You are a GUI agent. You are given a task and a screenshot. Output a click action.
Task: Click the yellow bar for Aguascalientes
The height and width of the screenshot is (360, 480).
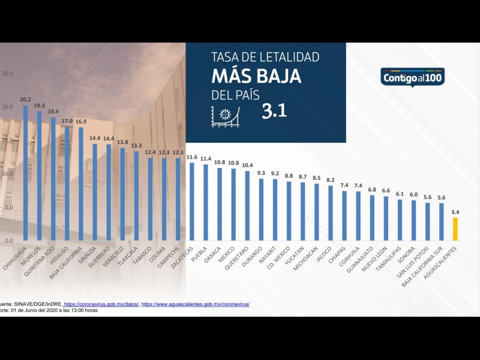pyautogui.click(x=455, y=229)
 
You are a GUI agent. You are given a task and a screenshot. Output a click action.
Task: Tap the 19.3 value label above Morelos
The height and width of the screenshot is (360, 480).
pyautogui.click(x=39, y=106)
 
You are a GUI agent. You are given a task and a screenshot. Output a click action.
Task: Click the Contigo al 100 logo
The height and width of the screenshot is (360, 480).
pyautogui.click(x=412, y=77)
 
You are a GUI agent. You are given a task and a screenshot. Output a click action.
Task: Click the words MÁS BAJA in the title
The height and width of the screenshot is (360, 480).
pyautogui.click(x=256, y=76)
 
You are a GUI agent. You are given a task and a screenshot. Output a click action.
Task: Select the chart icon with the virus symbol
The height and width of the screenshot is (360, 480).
pyautogui.click(x=225, y=115)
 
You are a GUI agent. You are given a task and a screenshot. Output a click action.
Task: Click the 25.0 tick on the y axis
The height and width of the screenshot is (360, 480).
pyautogui.click(x=8, y=74)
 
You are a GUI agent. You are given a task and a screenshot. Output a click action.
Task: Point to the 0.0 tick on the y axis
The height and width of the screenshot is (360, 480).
pyautogui.click(x=8, y=241)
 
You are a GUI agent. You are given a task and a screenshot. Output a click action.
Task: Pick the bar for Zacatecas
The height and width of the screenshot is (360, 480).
pyautogui.click(x=192, y=202)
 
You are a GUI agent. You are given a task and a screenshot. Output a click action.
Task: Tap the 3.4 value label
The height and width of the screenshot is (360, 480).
pyautogui.click(x=455, y=212)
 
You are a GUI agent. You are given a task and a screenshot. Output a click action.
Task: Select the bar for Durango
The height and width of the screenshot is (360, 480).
pyautogui.click(x=261, y=209)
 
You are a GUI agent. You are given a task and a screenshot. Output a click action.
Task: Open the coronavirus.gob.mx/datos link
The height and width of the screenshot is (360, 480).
pyautogui.click(x=101, y=304)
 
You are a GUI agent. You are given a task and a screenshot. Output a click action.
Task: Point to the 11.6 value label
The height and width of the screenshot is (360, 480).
pyautogui.click(x=192, y=157)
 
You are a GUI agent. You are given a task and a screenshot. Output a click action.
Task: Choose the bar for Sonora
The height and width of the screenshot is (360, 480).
pyautogui.click(x=413, y=220)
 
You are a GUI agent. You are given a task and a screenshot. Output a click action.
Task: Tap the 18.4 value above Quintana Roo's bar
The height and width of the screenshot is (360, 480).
pyautogui.click(x=53, y=112)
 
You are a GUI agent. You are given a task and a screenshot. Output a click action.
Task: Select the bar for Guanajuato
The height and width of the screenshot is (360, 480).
pyautogui.click(x=372, y=218)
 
